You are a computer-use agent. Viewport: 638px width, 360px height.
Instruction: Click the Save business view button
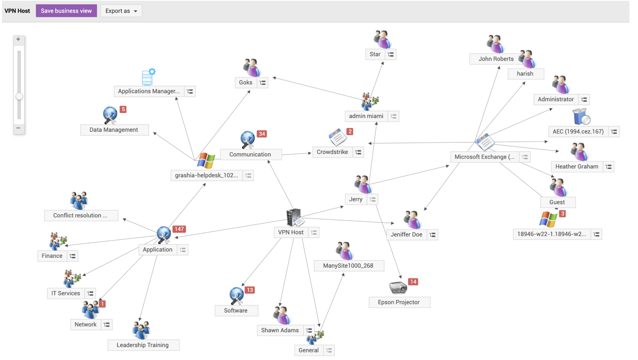point(66,11)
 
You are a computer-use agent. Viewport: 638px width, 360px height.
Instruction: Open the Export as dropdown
point(121,11)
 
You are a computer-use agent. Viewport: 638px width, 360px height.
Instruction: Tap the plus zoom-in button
point(18,39)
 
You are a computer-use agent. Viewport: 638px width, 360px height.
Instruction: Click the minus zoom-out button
point(18,128)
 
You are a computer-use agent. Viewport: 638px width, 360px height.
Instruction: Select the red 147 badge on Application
point(179,229)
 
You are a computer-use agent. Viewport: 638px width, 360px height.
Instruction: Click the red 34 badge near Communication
point(262,134)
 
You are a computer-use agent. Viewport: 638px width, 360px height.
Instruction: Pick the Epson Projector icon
point(398,287)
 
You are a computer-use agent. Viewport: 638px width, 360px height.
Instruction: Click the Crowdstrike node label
point(332,152)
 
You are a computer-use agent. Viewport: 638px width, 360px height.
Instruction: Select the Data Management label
point(114,130)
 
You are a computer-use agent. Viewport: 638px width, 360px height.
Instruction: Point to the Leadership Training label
point(143,345)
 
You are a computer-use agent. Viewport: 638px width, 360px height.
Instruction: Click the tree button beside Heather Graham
point(608,167)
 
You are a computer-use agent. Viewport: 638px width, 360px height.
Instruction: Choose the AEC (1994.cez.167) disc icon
point(581,116)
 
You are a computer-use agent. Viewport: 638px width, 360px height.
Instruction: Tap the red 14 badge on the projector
point(413,282)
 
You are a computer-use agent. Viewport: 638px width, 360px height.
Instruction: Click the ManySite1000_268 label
point(348,266)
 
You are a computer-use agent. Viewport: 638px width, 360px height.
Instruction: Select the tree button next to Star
point(391,54)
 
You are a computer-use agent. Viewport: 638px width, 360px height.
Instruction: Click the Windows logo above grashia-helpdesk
point(206,160)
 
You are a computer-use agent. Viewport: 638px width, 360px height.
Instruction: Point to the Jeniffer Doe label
point(406,235)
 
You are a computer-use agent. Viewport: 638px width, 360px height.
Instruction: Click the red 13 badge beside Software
point(250,290)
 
